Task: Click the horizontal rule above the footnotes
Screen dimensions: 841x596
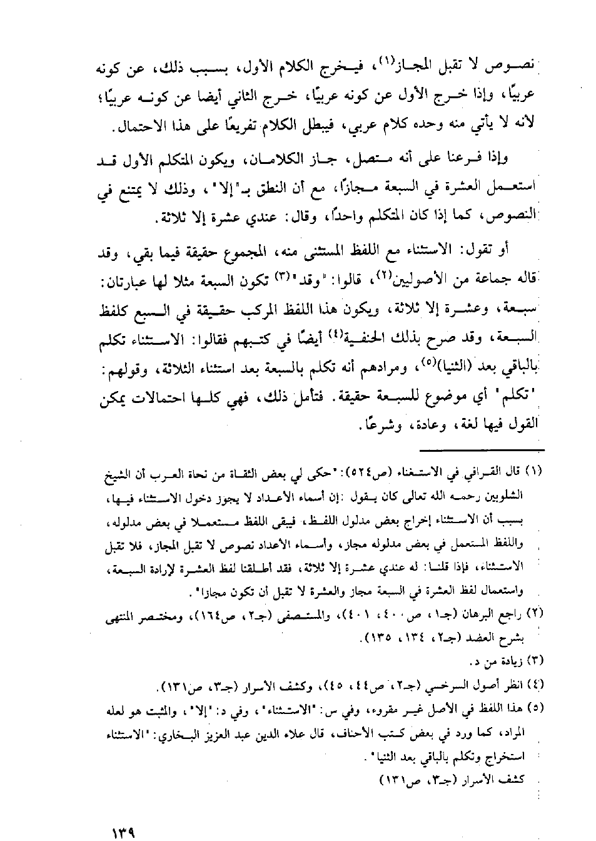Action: [482, 449]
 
